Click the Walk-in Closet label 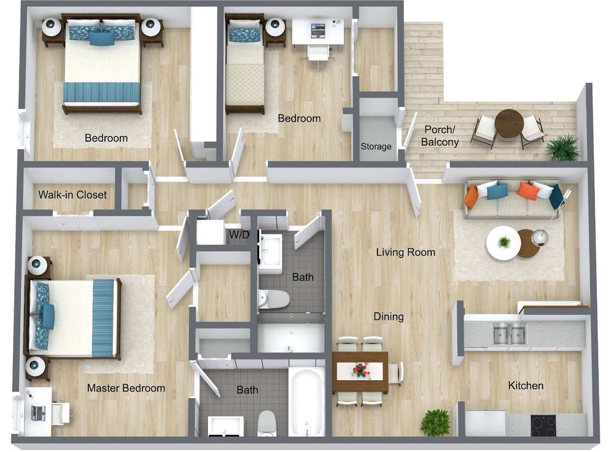72,195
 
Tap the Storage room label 376,147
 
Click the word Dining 389,317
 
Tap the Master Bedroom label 126,388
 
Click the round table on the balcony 509,123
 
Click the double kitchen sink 509,333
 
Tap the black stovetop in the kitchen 543,425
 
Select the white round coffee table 503,243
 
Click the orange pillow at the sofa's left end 471,196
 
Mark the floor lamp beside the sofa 541,235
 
